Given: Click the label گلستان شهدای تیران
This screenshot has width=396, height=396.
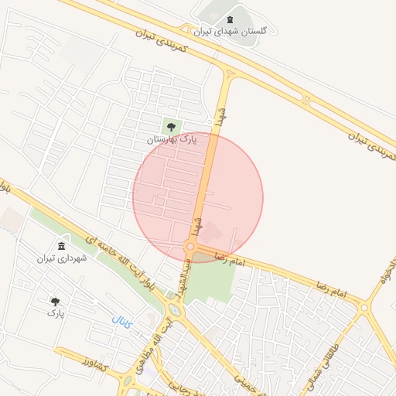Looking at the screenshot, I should [230, 31].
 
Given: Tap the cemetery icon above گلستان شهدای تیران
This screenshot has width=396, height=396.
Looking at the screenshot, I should [230, 19].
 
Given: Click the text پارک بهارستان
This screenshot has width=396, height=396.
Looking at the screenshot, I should [172, 139].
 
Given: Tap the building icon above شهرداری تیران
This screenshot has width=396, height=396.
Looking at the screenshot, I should [61, 247].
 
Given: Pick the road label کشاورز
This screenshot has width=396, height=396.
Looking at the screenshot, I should [80, 360].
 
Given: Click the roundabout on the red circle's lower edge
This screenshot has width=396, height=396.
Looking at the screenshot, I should [190, 247].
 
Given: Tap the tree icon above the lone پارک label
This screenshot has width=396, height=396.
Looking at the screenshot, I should [55, 301].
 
